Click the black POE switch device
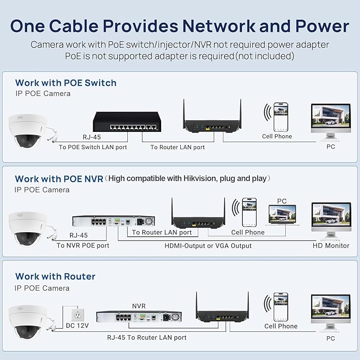point(127,122)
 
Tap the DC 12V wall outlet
point(78,315)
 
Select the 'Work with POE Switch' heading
point(66,83)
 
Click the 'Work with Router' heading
point(55,276)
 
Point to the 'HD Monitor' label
point(331,245)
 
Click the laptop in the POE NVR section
point(283,215)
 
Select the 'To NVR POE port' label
point(83,245)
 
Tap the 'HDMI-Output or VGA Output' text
point(208,245)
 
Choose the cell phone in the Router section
point(280,306)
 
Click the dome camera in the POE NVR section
point(28,229)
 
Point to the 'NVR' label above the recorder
point(139,306)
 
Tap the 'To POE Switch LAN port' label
point(93,147)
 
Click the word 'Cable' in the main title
point(74,25)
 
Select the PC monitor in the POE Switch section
point(331,121)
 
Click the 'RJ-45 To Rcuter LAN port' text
point(147,338)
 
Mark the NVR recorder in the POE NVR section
point(113,221)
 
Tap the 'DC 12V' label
point(77,326)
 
